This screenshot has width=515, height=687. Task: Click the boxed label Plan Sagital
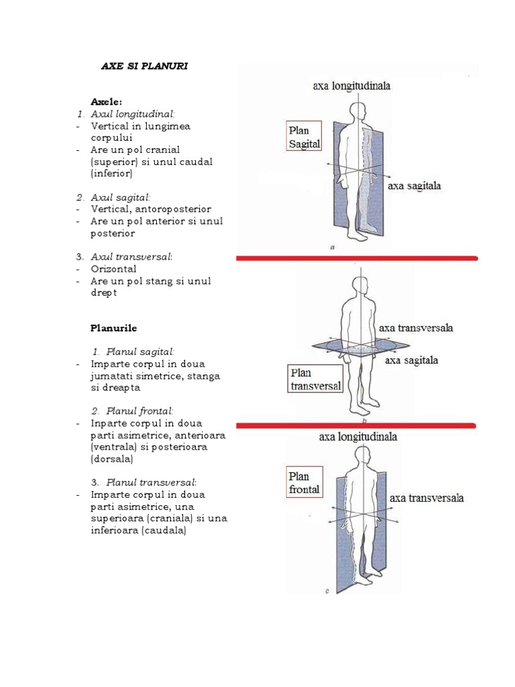304,136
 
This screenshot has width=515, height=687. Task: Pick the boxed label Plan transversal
316,379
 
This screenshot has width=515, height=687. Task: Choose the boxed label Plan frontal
304,482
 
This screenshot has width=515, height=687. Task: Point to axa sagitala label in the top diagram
414,186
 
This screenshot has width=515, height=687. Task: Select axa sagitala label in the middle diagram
411,360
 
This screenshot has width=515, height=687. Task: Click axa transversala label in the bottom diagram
426,498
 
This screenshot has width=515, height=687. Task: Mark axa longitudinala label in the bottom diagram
358,437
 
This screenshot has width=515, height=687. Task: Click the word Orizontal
113,269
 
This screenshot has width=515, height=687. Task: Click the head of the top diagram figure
359,111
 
